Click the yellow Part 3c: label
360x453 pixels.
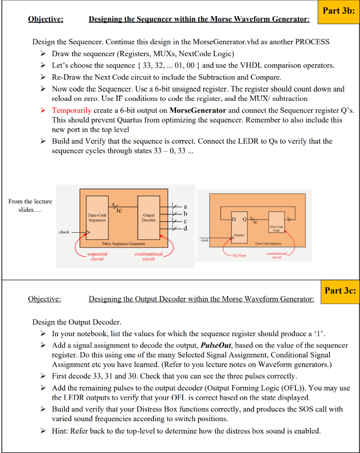click(x=340, y=291)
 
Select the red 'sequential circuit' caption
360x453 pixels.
click(x=97, y=257)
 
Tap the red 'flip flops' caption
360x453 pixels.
click(x=240, y=255)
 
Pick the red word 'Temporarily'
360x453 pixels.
click(x=72, y=110)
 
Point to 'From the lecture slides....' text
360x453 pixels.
click(x=30, y=205)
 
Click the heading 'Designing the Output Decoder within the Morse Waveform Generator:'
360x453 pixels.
click(x=201, y=299)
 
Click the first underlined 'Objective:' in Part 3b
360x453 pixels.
click(x=46, y=19)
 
